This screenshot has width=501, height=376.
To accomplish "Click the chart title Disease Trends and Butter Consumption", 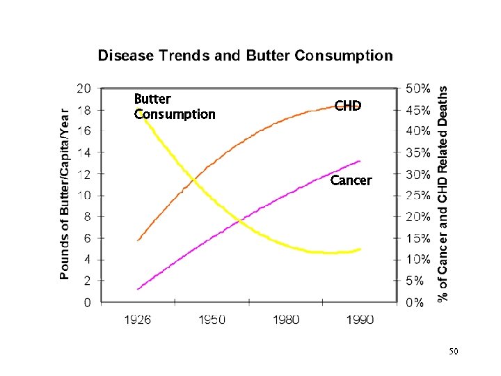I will [x=245, y=56].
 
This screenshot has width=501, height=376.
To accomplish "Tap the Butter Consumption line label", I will [x=174, y=107].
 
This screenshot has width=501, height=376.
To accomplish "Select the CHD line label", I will [x=348, y=106].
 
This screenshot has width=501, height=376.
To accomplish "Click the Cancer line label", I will [x=351, y=180].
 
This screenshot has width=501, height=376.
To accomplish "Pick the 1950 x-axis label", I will [x=212, y=320].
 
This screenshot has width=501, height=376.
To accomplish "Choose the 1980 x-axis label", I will [x=286, y=320].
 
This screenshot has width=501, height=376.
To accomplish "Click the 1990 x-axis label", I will [x=359, y=320].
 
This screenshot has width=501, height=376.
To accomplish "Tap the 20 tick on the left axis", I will [x=83, y=88].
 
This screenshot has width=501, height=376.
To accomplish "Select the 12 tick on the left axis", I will [x=83, y=174].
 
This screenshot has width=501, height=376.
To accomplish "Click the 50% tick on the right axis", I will [x=417, y=88].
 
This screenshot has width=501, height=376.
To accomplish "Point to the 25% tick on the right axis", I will [x=417, y=196].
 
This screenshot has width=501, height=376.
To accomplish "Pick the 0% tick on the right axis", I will [x=415, y=303].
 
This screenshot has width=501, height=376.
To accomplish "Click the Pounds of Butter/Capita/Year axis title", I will [x=65, y=194].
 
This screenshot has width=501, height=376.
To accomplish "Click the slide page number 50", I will [x=454, y=352].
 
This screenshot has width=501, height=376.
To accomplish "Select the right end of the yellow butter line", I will [x=360, y=249].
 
